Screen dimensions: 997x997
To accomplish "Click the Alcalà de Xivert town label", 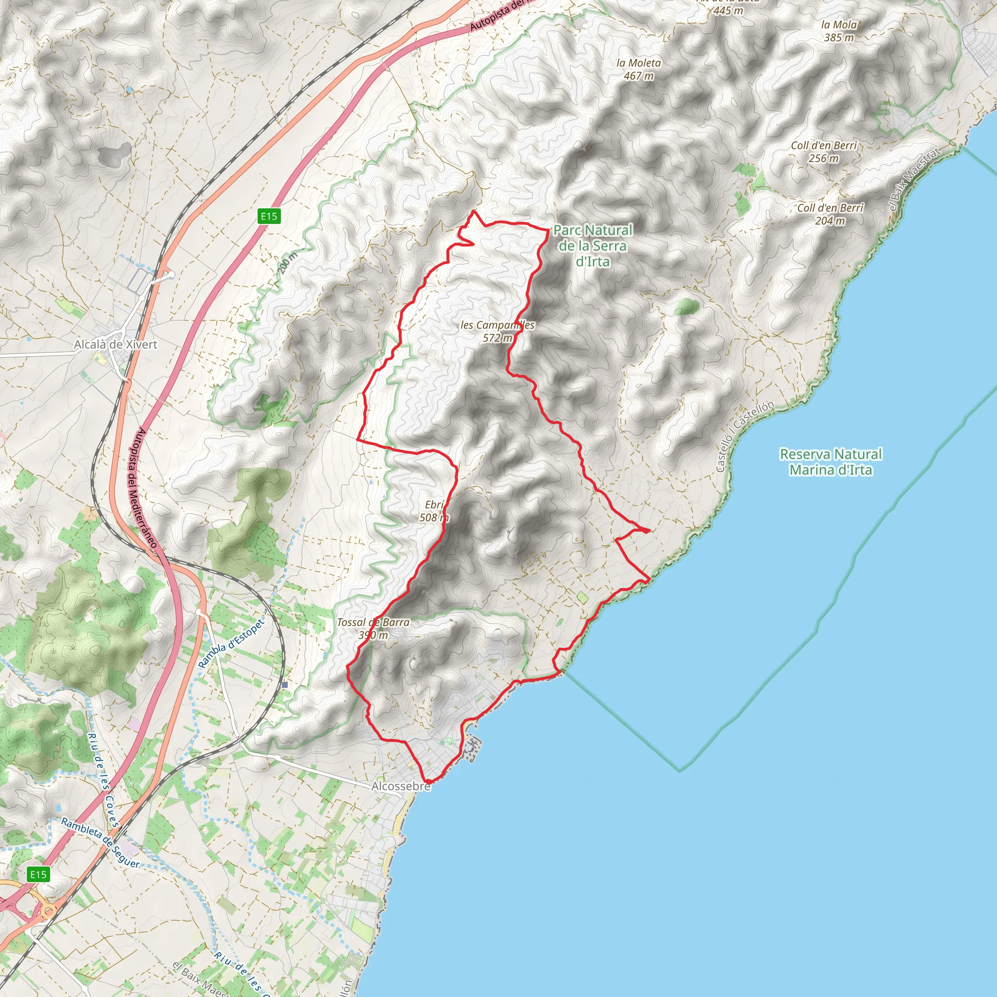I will (x=115, y=344).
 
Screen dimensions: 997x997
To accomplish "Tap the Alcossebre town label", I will (x=401, y=786).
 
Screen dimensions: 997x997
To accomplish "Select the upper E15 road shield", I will (x=269, y=216).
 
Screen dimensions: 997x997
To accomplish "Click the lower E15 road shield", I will (x=38, y=874).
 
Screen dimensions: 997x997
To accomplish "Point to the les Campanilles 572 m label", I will (x=498, y=332).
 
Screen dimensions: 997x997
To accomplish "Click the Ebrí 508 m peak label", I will (x=434, y=511).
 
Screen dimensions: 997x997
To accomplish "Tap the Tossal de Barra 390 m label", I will (x=373, y=628).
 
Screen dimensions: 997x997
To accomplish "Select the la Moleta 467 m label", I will (x=638, y=69).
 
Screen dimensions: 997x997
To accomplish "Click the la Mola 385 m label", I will (x=839, y=31).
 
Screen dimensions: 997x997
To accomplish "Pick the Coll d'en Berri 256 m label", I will (x=824, y=152).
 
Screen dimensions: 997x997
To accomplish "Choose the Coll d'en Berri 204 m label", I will (x=830, y=214).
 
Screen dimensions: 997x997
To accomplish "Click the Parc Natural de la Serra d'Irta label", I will (x=592, y=246).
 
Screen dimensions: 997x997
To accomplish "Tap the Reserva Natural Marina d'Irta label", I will (x=831, y=462).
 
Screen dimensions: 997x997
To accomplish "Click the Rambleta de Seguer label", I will (x=100, y=843).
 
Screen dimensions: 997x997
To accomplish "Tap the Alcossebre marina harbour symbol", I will (x=472, y=749).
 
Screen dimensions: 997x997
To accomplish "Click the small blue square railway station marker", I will (x=285, y=685).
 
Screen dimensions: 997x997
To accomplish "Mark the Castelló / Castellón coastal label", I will (x=745, y=436).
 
